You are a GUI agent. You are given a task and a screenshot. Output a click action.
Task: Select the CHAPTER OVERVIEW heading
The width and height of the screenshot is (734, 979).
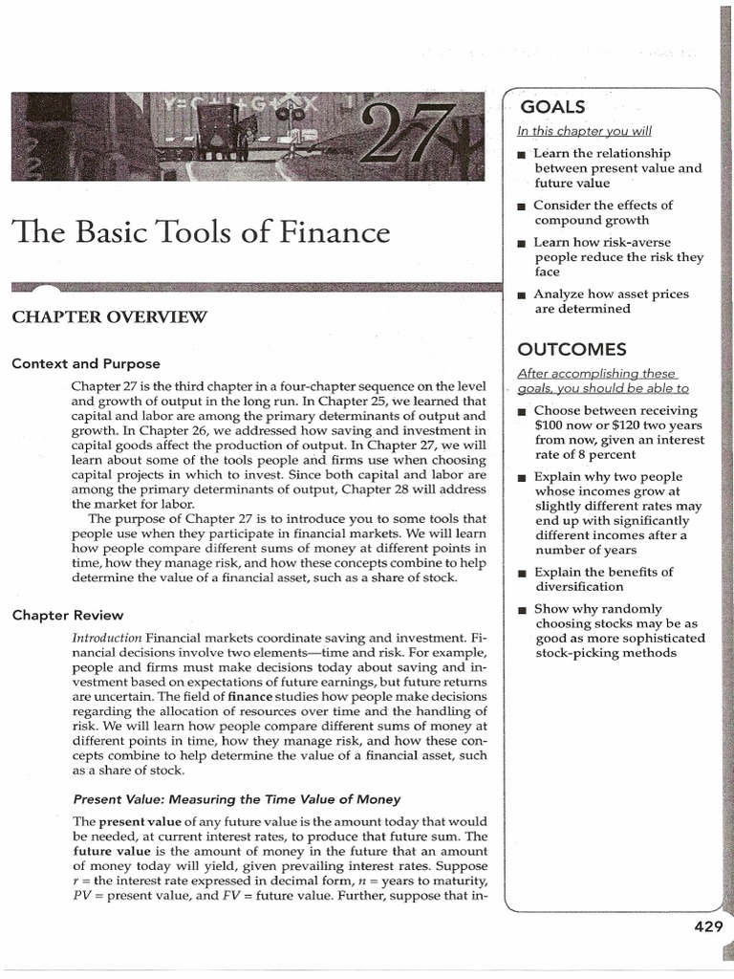(x=109, y=318)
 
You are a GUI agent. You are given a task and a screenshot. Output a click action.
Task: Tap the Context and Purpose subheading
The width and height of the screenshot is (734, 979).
(x=86, y=363)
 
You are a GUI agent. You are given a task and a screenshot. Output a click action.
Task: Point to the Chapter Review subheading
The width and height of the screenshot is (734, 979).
(x=67, y=615)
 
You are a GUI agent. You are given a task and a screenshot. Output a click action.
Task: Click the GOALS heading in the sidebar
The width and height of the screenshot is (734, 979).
(x=550, y=107)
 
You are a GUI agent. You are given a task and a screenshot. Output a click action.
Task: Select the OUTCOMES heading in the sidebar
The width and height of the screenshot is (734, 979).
(x=572, y=349)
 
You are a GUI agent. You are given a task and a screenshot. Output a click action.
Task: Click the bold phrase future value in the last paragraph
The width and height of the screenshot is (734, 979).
(x=106, y=851)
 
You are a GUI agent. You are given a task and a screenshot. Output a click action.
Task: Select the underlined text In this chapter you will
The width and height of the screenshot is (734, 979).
(x=584, y=131)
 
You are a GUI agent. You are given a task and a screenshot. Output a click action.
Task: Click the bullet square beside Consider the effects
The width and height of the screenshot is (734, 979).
(x=521, y=207)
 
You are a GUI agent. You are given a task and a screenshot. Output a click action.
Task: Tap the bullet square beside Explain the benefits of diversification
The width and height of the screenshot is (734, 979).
(x=521, y=574)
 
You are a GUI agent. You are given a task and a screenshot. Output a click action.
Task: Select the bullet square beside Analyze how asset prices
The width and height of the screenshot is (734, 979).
(x=521, y=295)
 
